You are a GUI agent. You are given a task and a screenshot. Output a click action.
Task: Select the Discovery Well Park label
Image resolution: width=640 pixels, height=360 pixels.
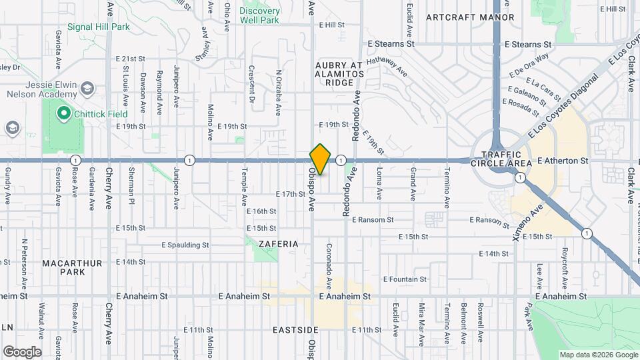pyautogui.click(x=259, y=15)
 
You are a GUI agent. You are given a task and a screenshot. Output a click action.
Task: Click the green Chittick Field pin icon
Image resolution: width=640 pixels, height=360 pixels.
pyautogui.click(x=64, y=114)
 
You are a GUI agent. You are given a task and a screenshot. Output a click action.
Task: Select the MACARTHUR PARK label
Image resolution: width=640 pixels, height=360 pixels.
pyautogui.click(x=73, y=267)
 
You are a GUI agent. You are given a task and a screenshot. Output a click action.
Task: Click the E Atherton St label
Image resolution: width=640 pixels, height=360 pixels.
pyautogui.click(x=562, y=161)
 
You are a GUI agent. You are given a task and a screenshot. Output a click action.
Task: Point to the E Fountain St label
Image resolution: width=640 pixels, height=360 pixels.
pyautogui.click(x=404, y=279)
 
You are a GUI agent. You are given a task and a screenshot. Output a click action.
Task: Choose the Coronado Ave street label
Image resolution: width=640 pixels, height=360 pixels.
pyautogui.click(x=329, y=264)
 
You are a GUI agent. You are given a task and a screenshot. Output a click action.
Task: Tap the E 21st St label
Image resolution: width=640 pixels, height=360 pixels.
pyautogui.click(x=129, y=59)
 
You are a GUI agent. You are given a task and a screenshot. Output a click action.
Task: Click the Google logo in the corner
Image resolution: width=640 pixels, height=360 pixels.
pyautogui.click(x=22, y=351)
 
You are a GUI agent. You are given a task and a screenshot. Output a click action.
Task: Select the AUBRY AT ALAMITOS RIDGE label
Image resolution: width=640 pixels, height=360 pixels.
pyautogui.click(x=338, y=73)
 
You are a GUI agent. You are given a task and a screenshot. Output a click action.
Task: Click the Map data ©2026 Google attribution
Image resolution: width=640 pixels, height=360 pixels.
pyautogui.click(x=598, y=355)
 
